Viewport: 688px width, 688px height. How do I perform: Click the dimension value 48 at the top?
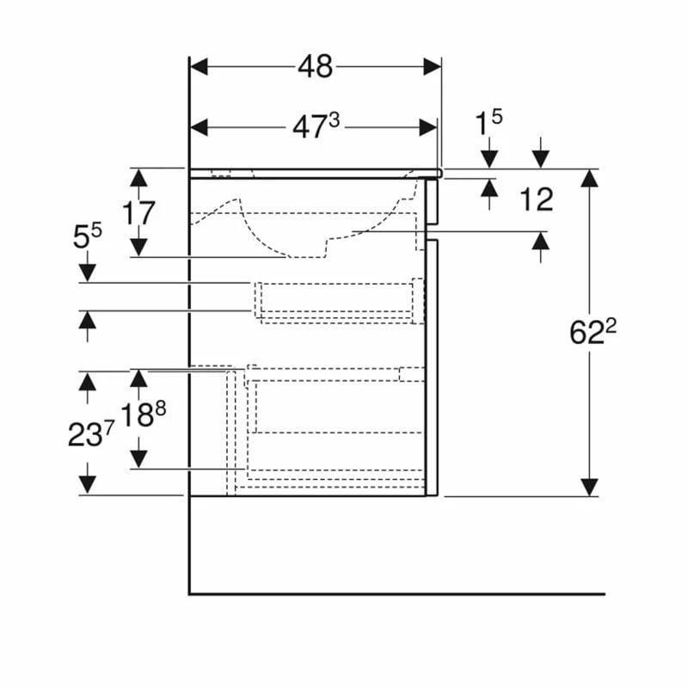tap(316, 66)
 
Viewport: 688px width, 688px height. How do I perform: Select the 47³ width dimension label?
tap(316, 127)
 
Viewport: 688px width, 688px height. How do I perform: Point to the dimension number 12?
tap(536, 200)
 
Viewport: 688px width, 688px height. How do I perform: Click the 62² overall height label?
tap(594, 332)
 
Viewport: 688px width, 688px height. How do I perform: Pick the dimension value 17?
tap(138, 212)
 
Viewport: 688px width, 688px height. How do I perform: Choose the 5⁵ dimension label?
tap(87, 236)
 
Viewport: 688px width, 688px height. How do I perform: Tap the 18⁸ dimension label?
tap(142, 415)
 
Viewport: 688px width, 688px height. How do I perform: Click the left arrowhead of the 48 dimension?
tap(199, 66)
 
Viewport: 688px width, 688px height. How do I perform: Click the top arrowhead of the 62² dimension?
tap(589, 177)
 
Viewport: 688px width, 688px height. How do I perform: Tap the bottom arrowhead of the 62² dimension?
tap(589, 488)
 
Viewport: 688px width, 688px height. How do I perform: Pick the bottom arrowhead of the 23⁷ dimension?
tap(87, 486)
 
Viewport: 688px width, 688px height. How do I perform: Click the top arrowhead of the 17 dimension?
tap(138, 177)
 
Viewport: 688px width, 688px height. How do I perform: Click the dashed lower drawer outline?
tap(335, 421)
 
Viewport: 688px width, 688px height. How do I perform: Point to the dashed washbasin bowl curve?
tap(258, 232)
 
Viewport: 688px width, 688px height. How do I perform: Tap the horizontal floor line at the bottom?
tap(396, 593)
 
